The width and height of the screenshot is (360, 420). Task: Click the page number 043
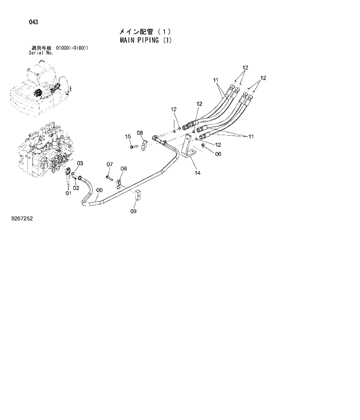tap(34, 22)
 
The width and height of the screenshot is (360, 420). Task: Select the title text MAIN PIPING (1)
tap(146, 41)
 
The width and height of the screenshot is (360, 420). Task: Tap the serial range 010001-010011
tap(72, 48)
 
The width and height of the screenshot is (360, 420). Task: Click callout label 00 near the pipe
tap(99, 189)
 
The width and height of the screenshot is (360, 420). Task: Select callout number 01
tap(68, 193)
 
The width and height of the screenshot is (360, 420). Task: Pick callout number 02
tap(76, 187)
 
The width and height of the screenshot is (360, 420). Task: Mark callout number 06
tap(218, 154)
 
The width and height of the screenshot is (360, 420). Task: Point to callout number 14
tap(197, 173)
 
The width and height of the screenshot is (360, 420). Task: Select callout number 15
tap(128, 136)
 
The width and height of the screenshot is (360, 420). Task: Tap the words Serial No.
tap(41, 52)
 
